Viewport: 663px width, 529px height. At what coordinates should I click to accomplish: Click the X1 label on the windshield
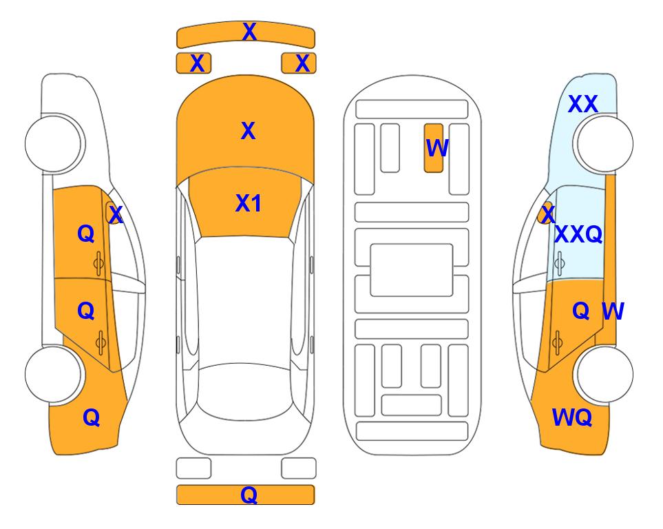coord(249,203)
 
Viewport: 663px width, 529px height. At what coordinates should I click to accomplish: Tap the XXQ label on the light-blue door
coord(578,234)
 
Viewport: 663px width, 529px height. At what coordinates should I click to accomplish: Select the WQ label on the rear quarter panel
coord(572,417)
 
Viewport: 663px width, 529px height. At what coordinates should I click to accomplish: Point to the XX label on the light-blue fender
coord(583,104)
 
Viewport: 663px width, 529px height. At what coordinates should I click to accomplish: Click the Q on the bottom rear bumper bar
coord(249,495)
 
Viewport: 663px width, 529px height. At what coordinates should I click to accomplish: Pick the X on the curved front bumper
coord(249,32)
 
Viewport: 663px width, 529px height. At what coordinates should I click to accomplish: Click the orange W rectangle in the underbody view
coord(434,148)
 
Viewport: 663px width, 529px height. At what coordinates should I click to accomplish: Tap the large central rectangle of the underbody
coord(412,270)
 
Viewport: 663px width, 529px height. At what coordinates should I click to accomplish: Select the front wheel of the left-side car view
coord(54,143)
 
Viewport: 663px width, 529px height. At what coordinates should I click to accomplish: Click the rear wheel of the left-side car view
coord(54,374)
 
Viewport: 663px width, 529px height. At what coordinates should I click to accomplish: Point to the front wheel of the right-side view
coord(604,143)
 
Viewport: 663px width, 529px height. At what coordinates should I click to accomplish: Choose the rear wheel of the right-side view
coord(604,374)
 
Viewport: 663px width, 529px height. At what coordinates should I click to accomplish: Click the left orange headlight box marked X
coord(193,63)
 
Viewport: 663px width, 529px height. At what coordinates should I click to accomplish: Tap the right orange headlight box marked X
coord(299,63)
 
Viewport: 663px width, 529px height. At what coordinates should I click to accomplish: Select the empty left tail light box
coord(193,468)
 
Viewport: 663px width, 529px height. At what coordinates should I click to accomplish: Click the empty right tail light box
coord(299,468)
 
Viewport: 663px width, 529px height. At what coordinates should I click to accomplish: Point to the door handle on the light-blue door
coord(560,263)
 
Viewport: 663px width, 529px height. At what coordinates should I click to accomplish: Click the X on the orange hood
coord(249,131)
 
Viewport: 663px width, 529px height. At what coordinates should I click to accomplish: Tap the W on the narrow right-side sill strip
coord(613,311)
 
